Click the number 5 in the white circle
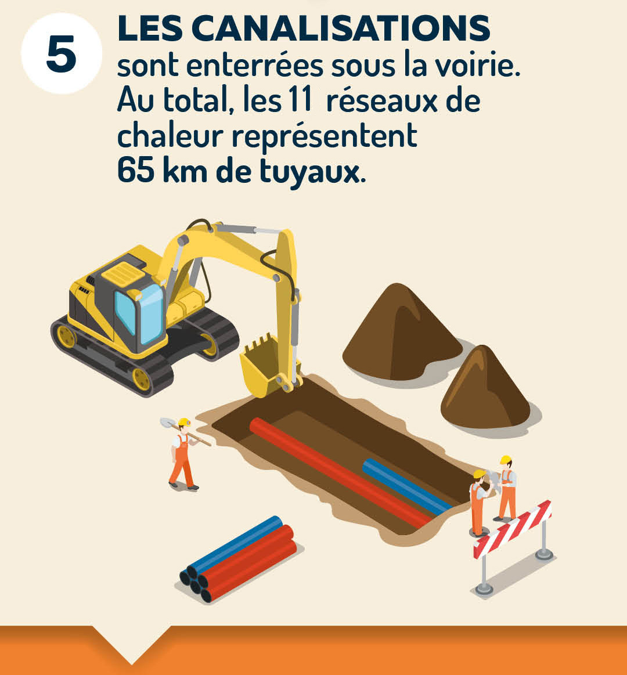coord(61,54)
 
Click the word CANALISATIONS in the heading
coord(344,28)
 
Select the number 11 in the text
coord(300,100)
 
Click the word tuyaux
coord(309,172)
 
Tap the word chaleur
coord(170,136)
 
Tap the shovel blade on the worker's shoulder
coord(167,423)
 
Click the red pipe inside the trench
coord(340,474)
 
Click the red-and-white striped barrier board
coord(513,529)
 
